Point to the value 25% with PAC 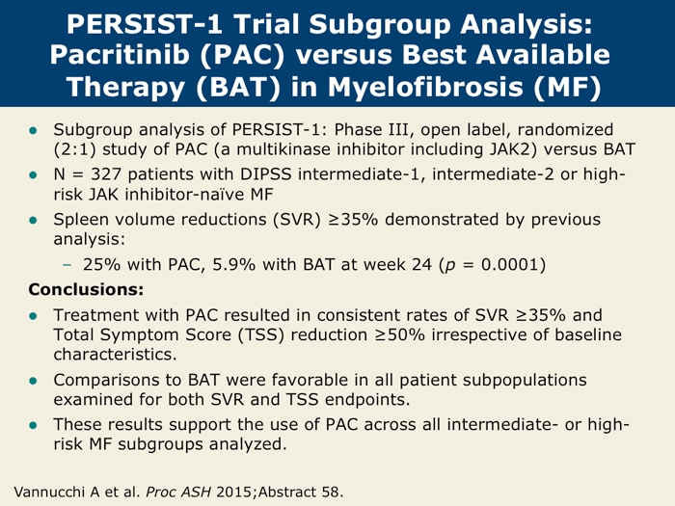pyautogui.click(x=107, y=264)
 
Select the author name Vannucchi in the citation pyautogui.click(x=56, y=491)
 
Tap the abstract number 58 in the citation pyautogui.click(x=329, y=491)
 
